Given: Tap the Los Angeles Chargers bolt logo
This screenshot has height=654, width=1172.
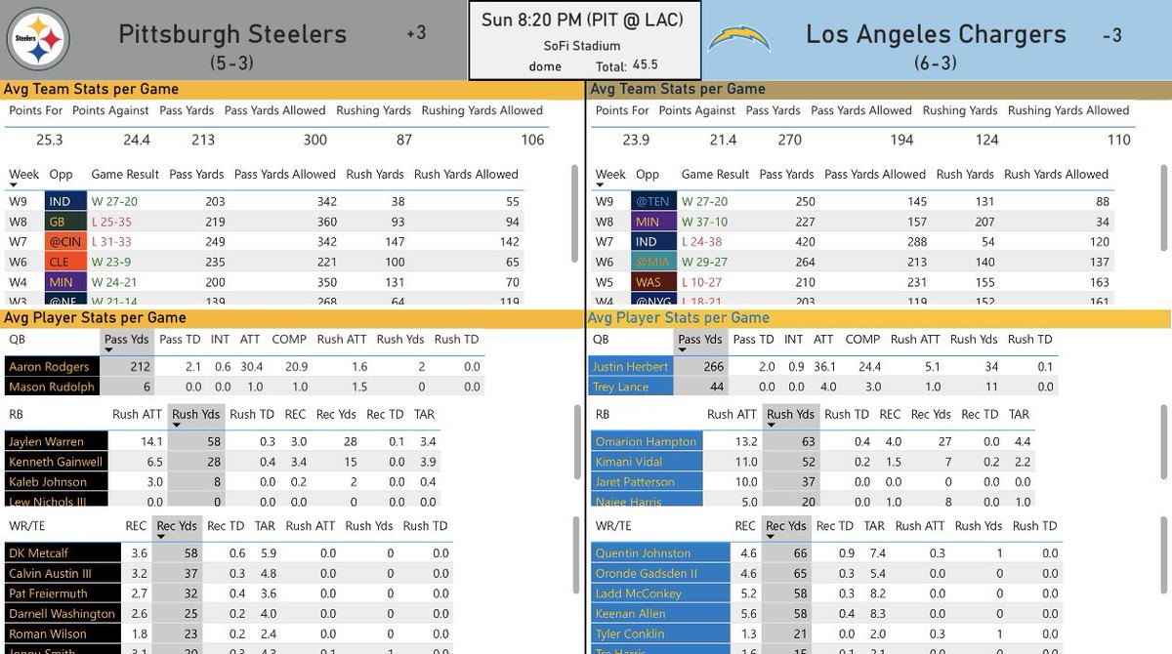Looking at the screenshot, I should click(x=738, y=38).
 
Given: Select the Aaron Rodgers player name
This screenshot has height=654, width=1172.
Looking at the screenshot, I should click(x=49, y=367).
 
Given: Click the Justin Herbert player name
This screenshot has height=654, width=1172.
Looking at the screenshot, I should click(x=630, y=367).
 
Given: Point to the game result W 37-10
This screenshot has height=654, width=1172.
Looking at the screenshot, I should click(x=704, y=222).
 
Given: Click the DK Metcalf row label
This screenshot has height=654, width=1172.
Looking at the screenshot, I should click(x=40, y=553).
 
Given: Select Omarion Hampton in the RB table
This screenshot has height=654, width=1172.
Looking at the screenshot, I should click(x=646, y=441).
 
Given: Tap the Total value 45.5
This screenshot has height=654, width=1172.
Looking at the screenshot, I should click(x=644, y=64).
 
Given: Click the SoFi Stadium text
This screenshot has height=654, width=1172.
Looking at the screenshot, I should click(x=582, y=45).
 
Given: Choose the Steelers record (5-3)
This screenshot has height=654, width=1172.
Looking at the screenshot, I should click(x=232, y=63).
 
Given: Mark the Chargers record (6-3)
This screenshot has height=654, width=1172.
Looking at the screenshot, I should click(x=936, y=63).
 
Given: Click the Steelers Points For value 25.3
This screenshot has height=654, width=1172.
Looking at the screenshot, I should click(x=49, y=140).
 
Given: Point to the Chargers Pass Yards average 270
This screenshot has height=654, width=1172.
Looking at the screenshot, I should click(x=789, y=140).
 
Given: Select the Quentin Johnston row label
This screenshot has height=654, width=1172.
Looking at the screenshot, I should click(x=644, y=553).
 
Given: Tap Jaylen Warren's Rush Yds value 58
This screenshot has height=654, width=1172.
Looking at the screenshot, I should click(x=214, y=441).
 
